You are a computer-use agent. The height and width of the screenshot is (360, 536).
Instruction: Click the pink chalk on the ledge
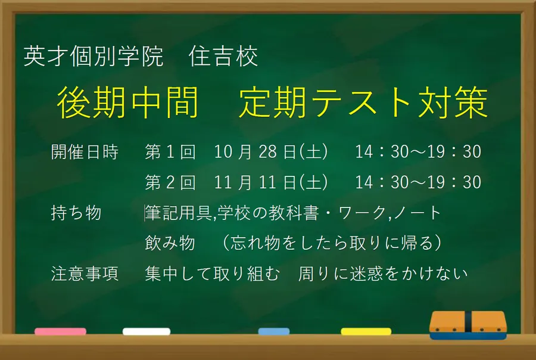pyautogui.click(x=60, y=331)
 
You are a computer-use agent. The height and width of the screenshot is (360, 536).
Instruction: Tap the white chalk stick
pyautogui.click(x=147, y=331)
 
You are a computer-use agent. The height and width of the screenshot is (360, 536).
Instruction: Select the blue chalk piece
pyautogui.click(x=274, y=331)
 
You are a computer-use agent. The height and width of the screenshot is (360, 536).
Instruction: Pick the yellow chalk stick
pyautogui.click(x=366, y=331)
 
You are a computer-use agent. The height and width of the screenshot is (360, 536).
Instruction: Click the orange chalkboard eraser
pyautogui.click(x=468, y=325)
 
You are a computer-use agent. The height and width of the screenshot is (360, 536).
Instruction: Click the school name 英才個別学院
pyautogui.click(x=94, y=57)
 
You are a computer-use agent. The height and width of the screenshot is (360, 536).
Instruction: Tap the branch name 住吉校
pyautogui.click(x=223, y=57)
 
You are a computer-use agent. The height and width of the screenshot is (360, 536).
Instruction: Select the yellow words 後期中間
pyautogui.click(x=127, y=103)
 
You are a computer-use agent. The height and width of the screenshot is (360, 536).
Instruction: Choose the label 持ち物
pyautogui.click(x=76, y=213)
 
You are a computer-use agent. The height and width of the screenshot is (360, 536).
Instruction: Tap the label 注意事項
pyautogui.click(x=85, y=274)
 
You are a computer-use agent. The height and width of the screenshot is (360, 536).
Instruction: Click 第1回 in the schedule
pyautogui.click(x=170, y=153)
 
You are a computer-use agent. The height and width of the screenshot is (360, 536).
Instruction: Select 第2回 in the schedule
pyautogui.click(x=170, y=182)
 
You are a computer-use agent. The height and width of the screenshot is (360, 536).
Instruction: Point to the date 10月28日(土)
pyautogui.click(x=271, y=153)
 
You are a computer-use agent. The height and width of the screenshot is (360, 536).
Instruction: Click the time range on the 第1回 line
pyautogui.click(x=418, y=153)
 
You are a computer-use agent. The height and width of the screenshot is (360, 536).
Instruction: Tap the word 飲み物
pyautogui.click(x=170, y=243)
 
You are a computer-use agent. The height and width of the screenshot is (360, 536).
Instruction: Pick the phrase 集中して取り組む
pyautogui.click(x=212, y=274)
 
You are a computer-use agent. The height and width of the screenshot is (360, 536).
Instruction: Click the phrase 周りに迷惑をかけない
pyautogui.click(x=384, y=274)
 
